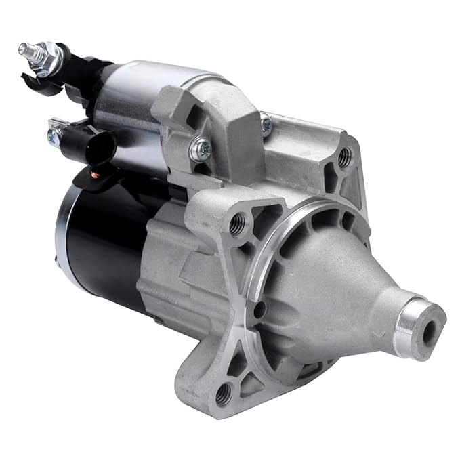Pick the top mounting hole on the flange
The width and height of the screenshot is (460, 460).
click(x=345, y=158)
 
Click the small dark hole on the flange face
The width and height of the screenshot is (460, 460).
click(x=259, y=312)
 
